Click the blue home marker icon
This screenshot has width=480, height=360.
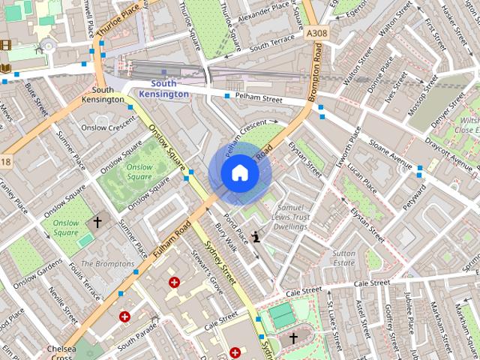pyautogui.click(x=239, y=173)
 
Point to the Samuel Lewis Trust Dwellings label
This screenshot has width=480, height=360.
pyautogui.click(x=291, y=215)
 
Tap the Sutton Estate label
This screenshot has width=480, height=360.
pyautogui.click(x=344, y=258)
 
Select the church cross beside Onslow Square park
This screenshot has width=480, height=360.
pyautogui.click(x=97, y=222)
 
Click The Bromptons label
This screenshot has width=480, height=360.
pyautogui.click(x=107, y=264)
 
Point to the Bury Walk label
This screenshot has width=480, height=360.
pyautogui.click(x=226, y=235)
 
